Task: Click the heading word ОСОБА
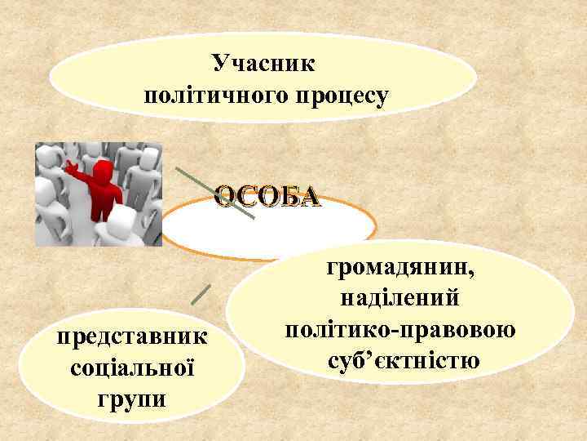pyautogui.click(x=267, y=197)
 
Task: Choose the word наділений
pyautogui.click(x=397, y=298)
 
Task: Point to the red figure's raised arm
pyautogui.click(x=78, y=171)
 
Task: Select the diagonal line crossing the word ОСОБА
pyautogui.click(x=215, y=194)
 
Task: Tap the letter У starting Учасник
pyautogui.click(x=219, y=63)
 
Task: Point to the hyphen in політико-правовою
pyautogui.click(x=395, y=330)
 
